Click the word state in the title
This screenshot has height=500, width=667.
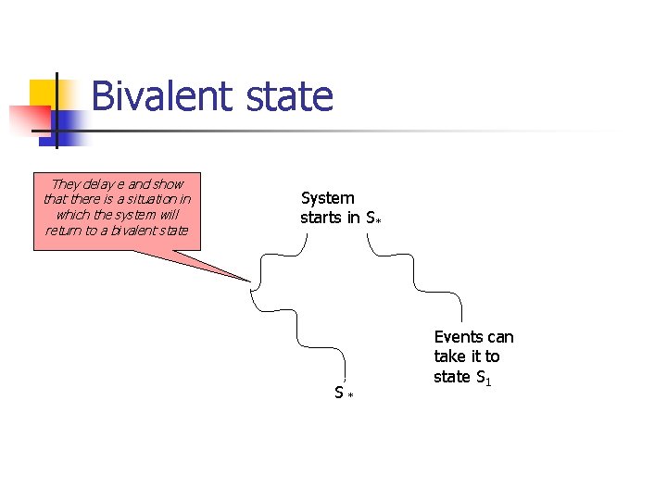[x=291, y=96]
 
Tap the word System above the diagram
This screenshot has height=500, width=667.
[x=328, y=197]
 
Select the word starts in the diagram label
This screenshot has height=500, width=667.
[x=321, y=218]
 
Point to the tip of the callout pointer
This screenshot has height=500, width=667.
[x=250, y=281]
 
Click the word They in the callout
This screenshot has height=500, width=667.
[x=67, y=183]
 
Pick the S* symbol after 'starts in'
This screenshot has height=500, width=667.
[x=373, y=219]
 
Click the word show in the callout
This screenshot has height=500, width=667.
[x=168, y=183]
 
